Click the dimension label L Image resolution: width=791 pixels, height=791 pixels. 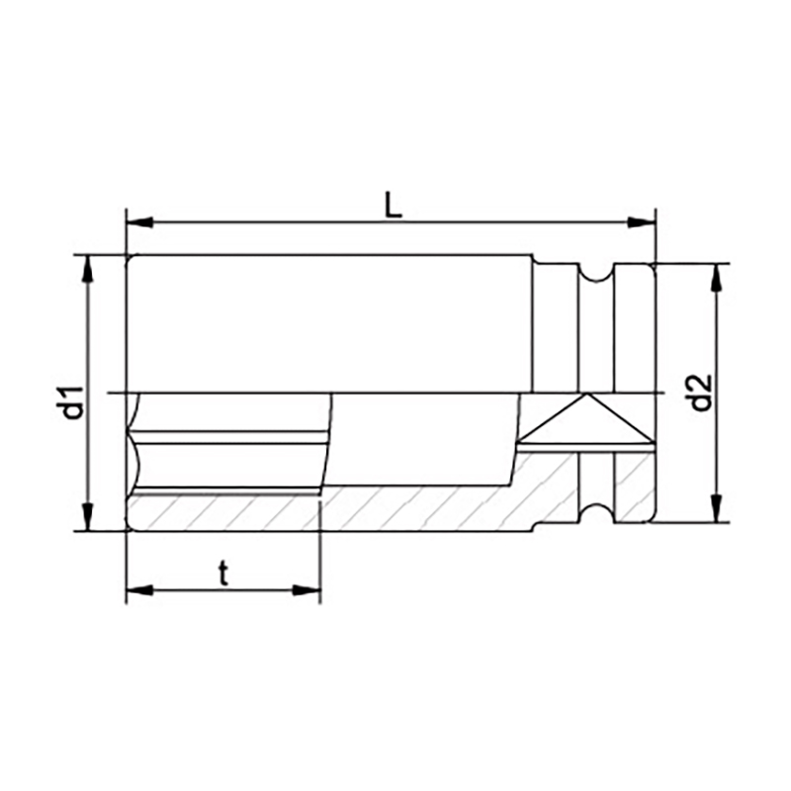[x=394, y=205]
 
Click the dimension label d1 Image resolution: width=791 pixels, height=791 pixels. [x=72, y=403]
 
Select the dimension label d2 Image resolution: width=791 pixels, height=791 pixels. [x=700, y=393]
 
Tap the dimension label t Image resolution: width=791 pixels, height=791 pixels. [x=223, y=573]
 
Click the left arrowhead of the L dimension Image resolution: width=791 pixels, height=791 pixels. [x=139, y=222]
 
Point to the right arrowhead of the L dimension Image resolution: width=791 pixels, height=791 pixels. [x=641, y=222]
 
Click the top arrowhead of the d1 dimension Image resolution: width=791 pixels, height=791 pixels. [x=88, y=269]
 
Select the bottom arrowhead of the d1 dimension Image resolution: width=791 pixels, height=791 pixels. [x=88, y=517]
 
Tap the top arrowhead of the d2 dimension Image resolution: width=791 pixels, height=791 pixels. [x=716, y=278]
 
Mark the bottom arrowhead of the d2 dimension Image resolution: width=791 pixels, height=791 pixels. [x=716, y=508]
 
